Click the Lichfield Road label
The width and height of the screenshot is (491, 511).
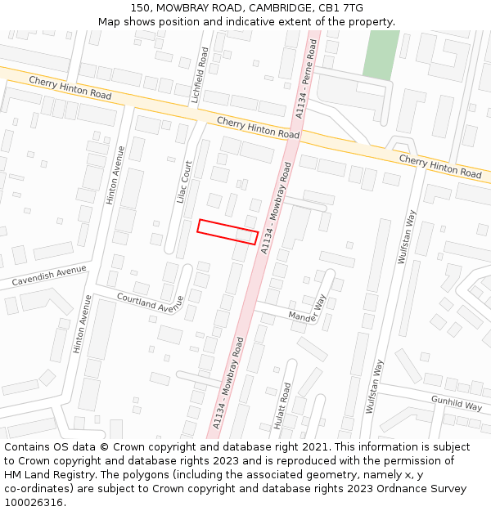[200, 74]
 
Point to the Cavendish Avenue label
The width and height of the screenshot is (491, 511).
[48, 276]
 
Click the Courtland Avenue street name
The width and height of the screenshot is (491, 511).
[150, 303]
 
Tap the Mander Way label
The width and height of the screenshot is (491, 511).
[307, 308]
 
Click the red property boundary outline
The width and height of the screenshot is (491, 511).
[227, 231]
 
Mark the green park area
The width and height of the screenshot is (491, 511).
[381, 55]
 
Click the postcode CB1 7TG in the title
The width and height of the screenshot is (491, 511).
[341, 8]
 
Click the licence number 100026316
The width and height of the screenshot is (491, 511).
[34, 502]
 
